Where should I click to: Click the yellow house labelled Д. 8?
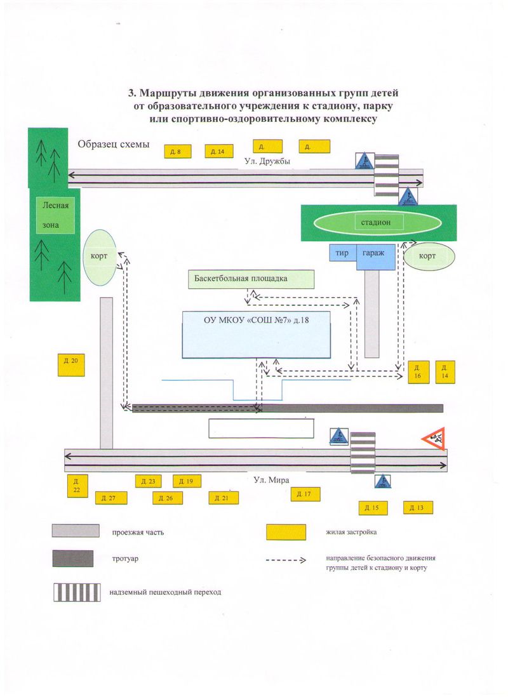coord(178,152)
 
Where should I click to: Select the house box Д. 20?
coord(71,365)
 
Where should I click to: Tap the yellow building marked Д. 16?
coord(418,372)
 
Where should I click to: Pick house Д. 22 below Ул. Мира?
coord(77,486)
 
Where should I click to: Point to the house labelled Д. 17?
coord(305,495)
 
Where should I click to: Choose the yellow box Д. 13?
coord(418,508)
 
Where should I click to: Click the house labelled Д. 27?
coord(111,498)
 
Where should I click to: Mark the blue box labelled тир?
coord(343,253)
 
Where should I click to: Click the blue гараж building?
coord(375,256)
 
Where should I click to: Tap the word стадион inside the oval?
coord(376,222)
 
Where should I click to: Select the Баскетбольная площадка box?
coord(251,279)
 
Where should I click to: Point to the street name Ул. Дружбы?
coord(267,161)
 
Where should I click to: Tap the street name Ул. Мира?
coord(271,480)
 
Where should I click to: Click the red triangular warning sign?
coord(434,439)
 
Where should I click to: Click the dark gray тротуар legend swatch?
coord(73,559)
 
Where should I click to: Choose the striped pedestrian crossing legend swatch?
coord(77,592)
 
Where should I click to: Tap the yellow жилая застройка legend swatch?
coord(286,532)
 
